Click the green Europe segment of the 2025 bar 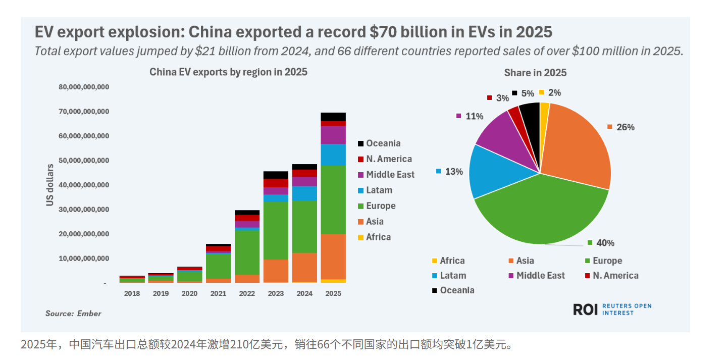pyautogui.click(x=333, y=199)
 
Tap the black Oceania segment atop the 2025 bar pyautogui.click(x=333, y=117)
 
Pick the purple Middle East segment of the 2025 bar pyautogui.click(x=333, y=135)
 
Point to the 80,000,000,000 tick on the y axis pyautogui.click(x=84, y=87)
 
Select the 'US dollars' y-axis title pyautogui.click(x=50, y=185)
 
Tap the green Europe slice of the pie pyautogui.click(x=540, y=212)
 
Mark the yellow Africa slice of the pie pyautogui.click(x=544, y=109)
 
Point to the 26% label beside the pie pyautogui.click(x=625, y=127)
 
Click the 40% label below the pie pyautogui.click(x=605, y=243)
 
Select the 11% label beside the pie pyautogui.click(x=474, y=116)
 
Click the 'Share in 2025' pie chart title pyautogui.click(x=535, y=73)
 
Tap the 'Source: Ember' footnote pyautogui.click(x=73, y=314)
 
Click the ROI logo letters pyautogui.click(x=586, y=310)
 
